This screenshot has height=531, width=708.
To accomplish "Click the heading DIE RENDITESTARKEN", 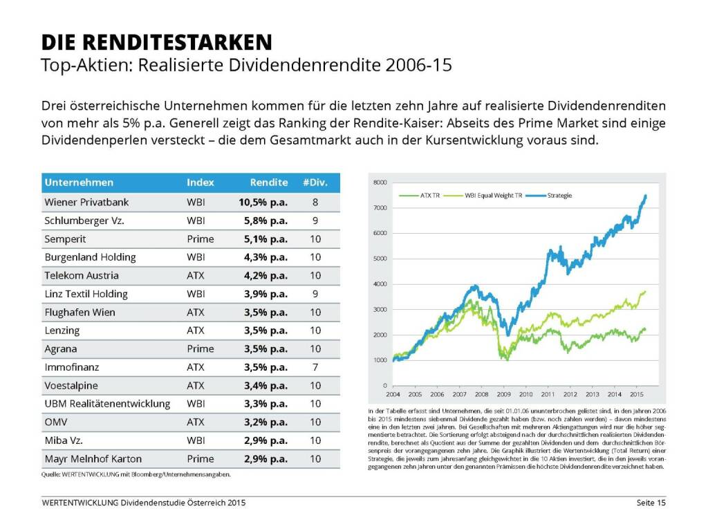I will click(156, 42).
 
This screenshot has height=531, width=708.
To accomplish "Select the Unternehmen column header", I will click(79, 183).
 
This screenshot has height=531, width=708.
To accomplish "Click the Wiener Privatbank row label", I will click(86, 202).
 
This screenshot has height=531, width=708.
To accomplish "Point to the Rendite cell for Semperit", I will click(265, 239).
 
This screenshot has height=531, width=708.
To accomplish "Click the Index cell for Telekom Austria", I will click(196, 275).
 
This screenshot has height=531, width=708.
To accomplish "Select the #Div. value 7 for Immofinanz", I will click(315, 367).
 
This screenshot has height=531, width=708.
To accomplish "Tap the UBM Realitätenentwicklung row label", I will click(107, 404).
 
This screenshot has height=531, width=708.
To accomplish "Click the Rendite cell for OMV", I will click(265, 422).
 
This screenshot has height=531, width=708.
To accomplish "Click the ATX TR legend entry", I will click(429, 196).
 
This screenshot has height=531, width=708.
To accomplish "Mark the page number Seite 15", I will click(651, 503).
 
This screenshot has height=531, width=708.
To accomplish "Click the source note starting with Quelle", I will click(136, 474).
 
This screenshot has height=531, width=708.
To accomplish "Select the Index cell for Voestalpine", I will click(196, 385).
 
